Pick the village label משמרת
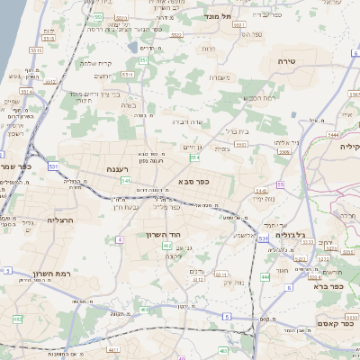click(x=218, y=77)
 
